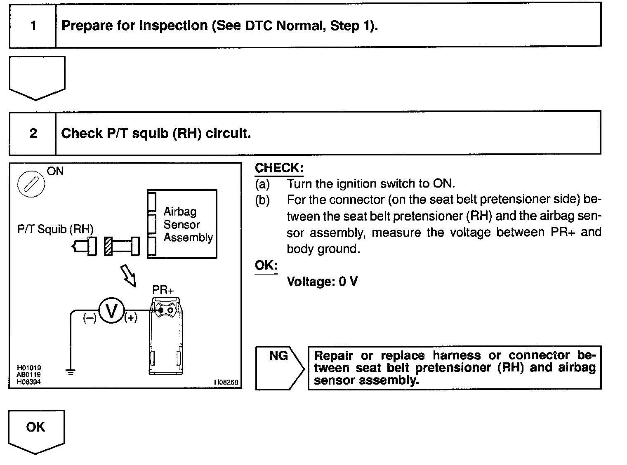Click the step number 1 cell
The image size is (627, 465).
pyautogui.click(x=33, y=26)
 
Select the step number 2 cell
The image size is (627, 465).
pyautogui.click(x=33, y=134)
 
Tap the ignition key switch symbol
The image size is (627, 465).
pyautogui.click(x=31, y=184)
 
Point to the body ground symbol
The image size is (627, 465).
pyautogui.click(x=71, y=372)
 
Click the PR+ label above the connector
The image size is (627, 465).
pyautogui.click(x=163, y=290)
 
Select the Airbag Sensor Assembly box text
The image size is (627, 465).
pyautogui.click(x=188, y=225)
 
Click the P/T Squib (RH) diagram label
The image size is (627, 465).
pyautogui.click(x=55, y=229)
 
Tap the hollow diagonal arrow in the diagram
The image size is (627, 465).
pyautogui.click(x=128, y=275)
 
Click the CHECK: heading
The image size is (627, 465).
pyautogui.click(x=279, y=168)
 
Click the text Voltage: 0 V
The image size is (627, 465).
pyautogui.click(x=322, y=282)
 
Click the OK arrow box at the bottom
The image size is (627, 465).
pyautogui.click(x=36, y=429)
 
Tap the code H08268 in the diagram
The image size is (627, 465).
pyautogui.click(x=226, y=382)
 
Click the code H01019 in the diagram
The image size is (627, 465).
pyautogui.click(x=29, y=368)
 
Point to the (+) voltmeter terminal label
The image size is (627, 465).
pyautogui.click(x=131, y=318)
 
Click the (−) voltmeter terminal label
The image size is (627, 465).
pyautogui.click(x=90, y=318)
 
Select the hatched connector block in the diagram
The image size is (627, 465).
pyautogui.click(x=108, y=246)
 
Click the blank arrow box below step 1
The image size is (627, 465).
pyautogui.click(x=37, y=76)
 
